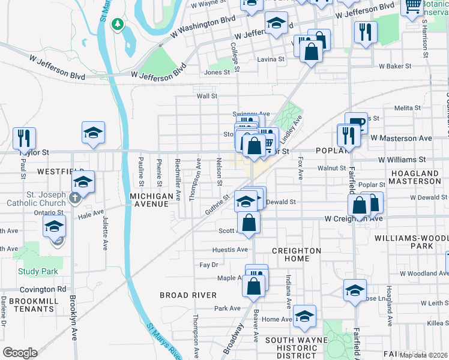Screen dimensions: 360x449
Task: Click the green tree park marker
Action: pos(119,24)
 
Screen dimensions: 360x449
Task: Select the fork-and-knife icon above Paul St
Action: pos(24,138)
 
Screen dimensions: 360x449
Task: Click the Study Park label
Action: pos(38,271)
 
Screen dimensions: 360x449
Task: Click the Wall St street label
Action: pos(206,96)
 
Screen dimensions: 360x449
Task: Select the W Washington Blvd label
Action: pos(202,28)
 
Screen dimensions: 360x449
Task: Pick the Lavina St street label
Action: pos(271,59)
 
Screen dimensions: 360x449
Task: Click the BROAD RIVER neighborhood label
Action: pos(188,295)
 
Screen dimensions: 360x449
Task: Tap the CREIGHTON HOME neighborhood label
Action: pos(296,254)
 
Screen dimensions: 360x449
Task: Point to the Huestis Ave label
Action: pos(230,250)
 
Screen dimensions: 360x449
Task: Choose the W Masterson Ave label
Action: pos(401,138)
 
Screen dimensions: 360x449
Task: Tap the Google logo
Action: pos(20,352)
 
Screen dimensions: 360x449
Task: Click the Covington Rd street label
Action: pos(46,289)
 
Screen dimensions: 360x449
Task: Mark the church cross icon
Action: pos(75,197)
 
